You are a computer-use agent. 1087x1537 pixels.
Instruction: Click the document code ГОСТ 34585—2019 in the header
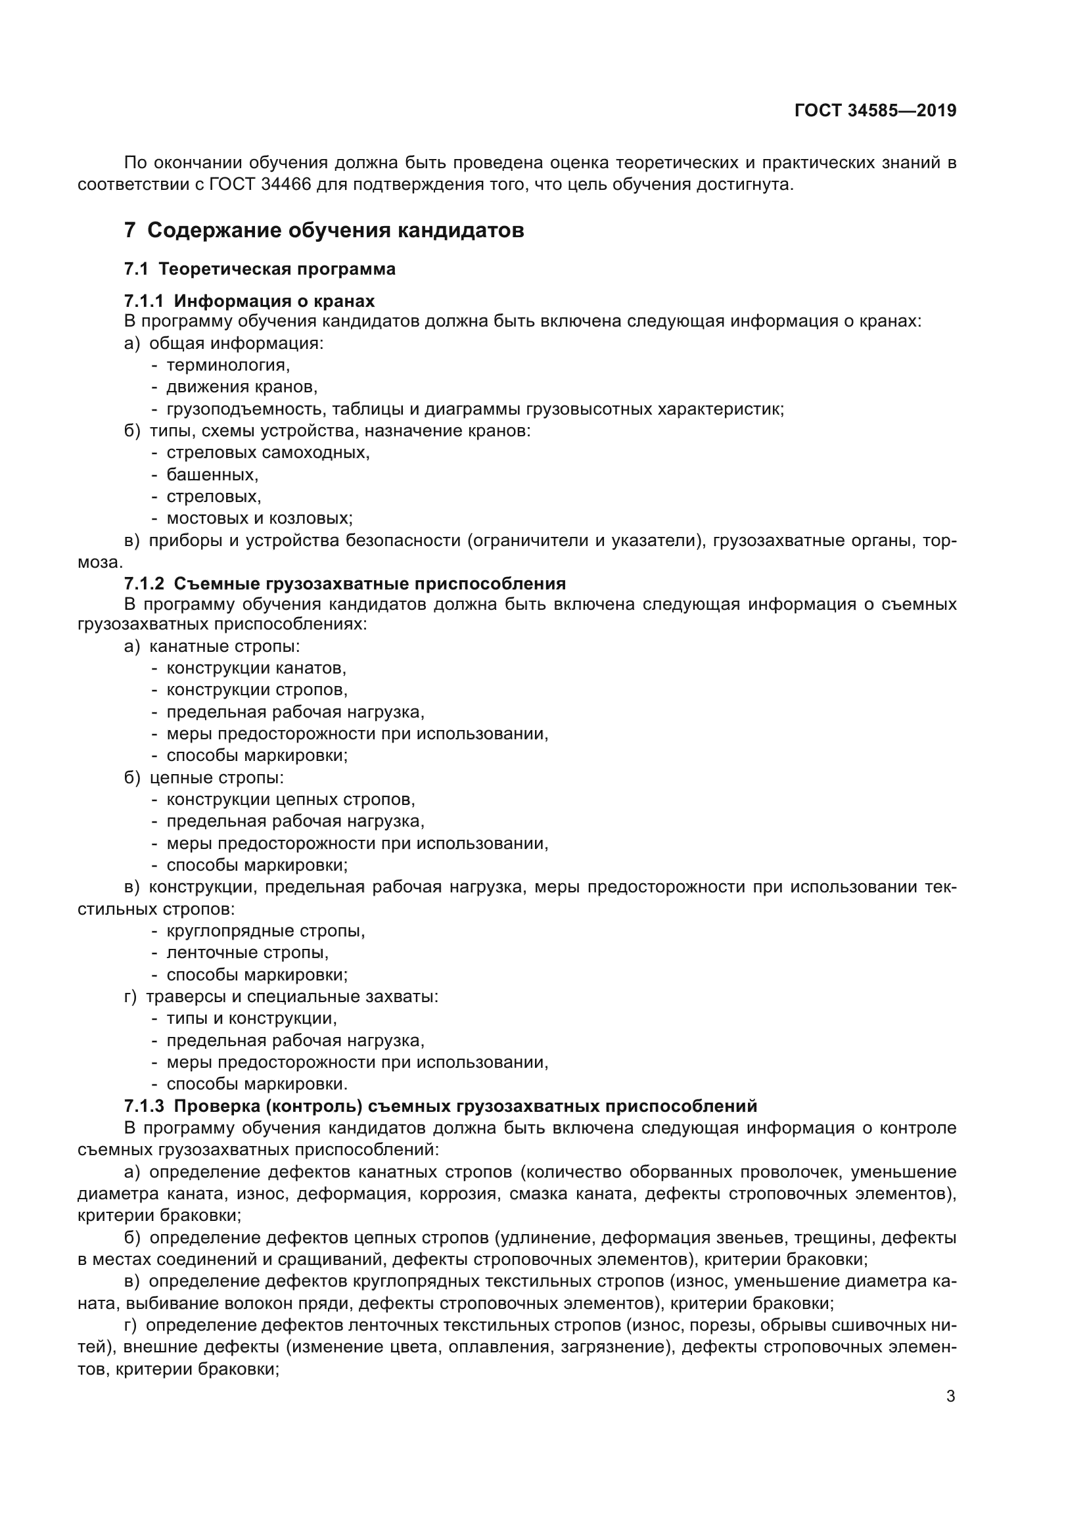coord(875,110)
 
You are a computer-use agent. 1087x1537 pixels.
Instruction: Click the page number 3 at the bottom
coord(950,1396)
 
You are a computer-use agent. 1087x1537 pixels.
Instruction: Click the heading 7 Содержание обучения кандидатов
coord(324,230)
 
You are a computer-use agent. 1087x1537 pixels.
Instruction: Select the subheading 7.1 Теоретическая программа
coord(260,269)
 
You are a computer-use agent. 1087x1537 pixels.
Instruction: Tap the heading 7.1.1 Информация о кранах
coord(249,300)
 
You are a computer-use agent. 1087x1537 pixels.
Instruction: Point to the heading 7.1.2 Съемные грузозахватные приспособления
coord(345,584)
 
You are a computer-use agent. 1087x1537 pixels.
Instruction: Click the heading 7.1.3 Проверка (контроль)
coord(440,1106)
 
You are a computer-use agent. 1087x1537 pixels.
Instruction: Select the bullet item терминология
coord(227,365)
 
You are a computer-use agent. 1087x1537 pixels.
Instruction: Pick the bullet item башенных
coord(212,475)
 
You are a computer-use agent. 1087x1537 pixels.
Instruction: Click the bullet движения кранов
coord(242,387)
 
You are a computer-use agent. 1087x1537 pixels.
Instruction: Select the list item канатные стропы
coord(224,647)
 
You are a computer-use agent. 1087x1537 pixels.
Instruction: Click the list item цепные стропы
coord(216,778)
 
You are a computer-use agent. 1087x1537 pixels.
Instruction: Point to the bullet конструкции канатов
coord(256,668)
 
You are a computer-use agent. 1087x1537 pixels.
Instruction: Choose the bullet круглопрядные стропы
coord(265,931)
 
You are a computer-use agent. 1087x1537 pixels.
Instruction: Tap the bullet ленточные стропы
coord(247,953)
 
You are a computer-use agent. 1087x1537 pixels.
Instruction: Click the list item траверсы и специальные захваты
coord(292,997)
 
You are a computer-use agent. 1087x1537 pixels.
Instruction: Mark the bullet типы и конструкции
coord(251,1018)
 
